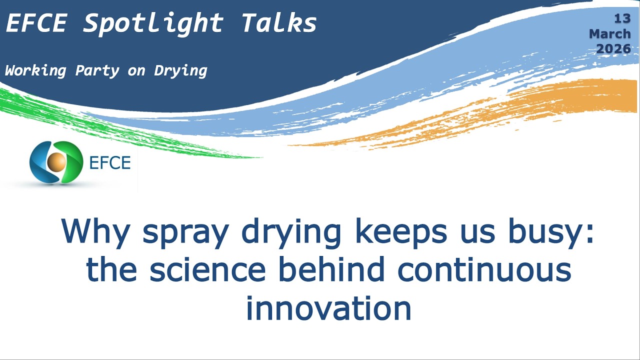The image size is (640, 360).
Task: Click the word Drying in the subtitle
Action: [180, 71]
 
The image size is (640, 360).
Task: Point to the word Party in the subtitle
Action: [97, 71]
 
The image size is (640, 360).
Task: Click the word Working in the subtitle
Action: [35, 71]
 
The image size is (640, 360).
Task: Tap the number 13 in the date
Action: [622, 19]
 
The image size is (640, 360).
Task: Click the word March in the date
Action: [609, 34]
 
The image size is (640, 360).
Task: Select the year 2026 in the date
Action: [613, 49]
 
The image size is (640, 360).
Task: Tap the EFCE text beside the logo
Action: [109, 162]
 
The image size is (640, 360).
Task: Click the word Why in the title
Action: [95, 231]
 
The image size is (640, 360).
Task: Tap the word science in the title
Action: [207, 270]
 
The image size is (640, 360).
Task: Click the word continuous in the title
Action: [484, 270]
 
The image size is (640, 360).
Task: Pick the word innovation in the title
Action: [328, 308]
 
